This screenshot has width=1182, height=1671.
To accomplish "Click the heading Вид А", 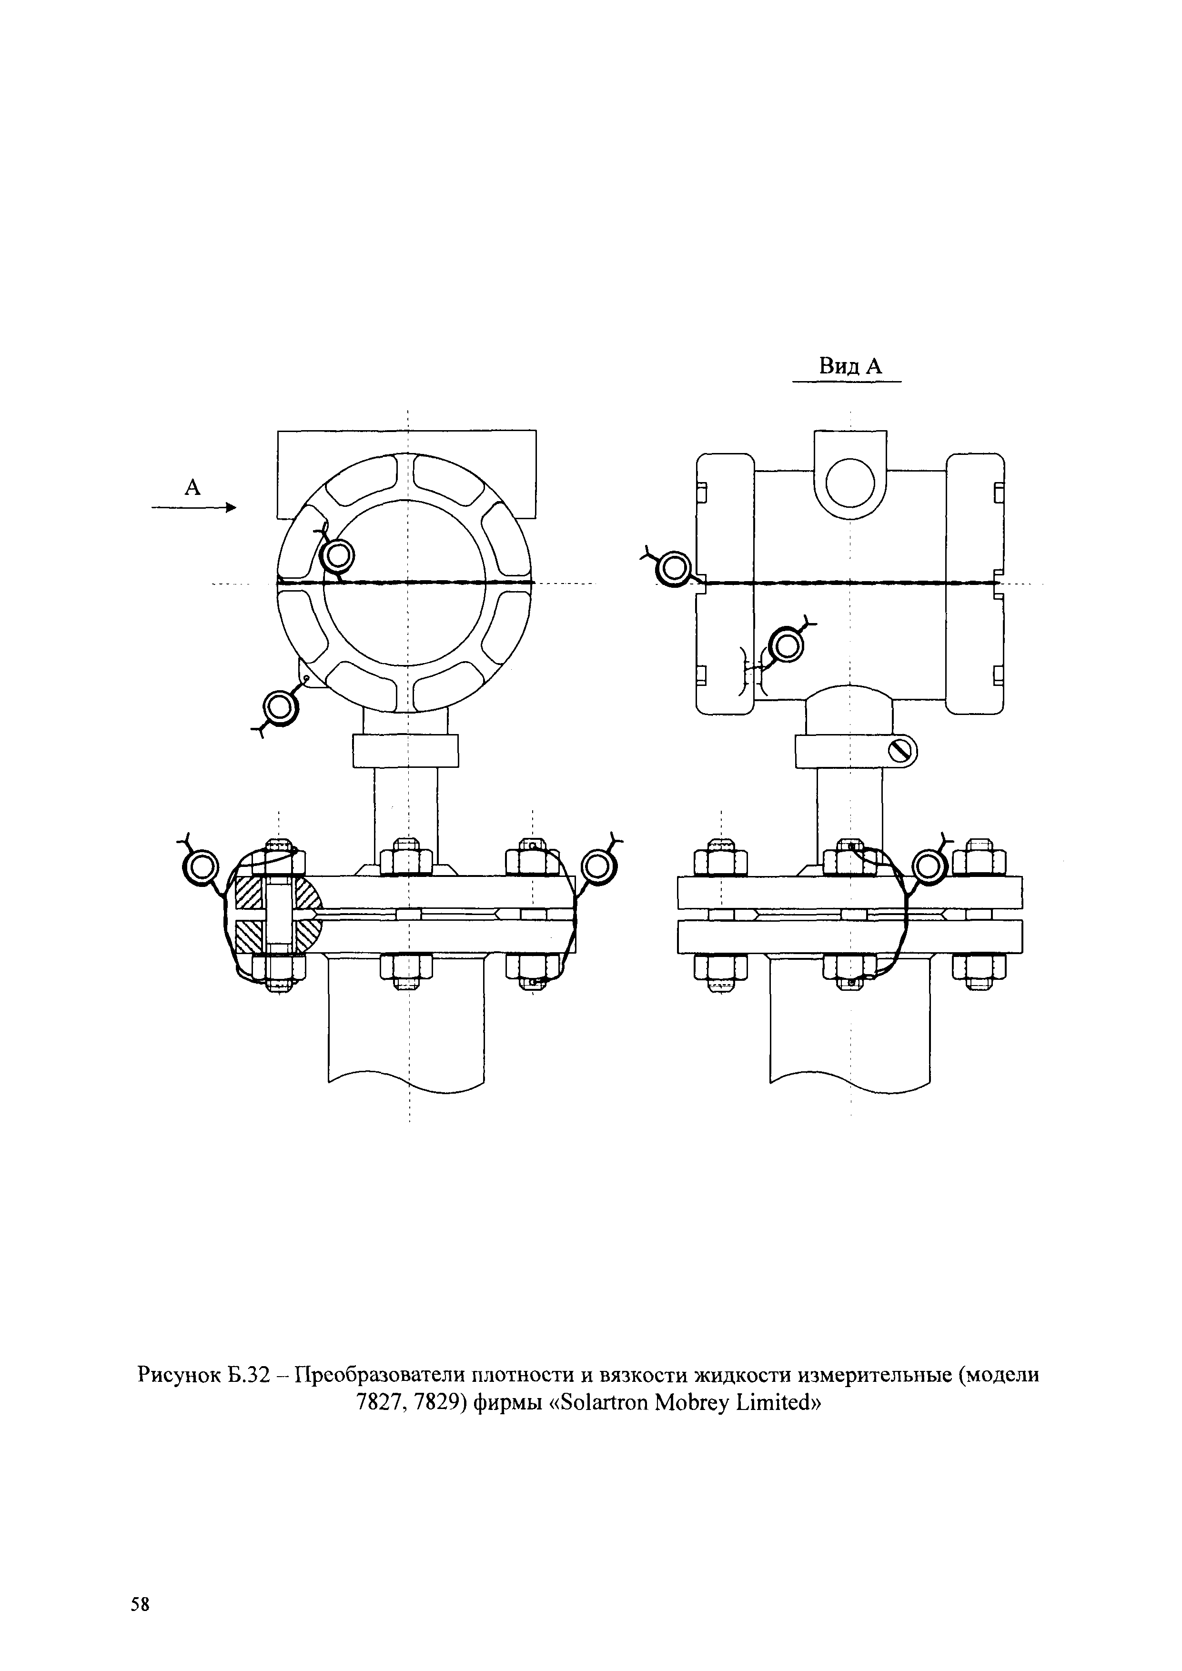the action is pos(850,366).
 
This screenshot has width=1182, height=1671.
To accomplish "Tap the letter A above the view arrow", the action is pos(192,487).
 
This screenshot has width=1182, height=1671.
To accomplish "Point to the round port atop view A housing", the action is pos(850,483).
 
